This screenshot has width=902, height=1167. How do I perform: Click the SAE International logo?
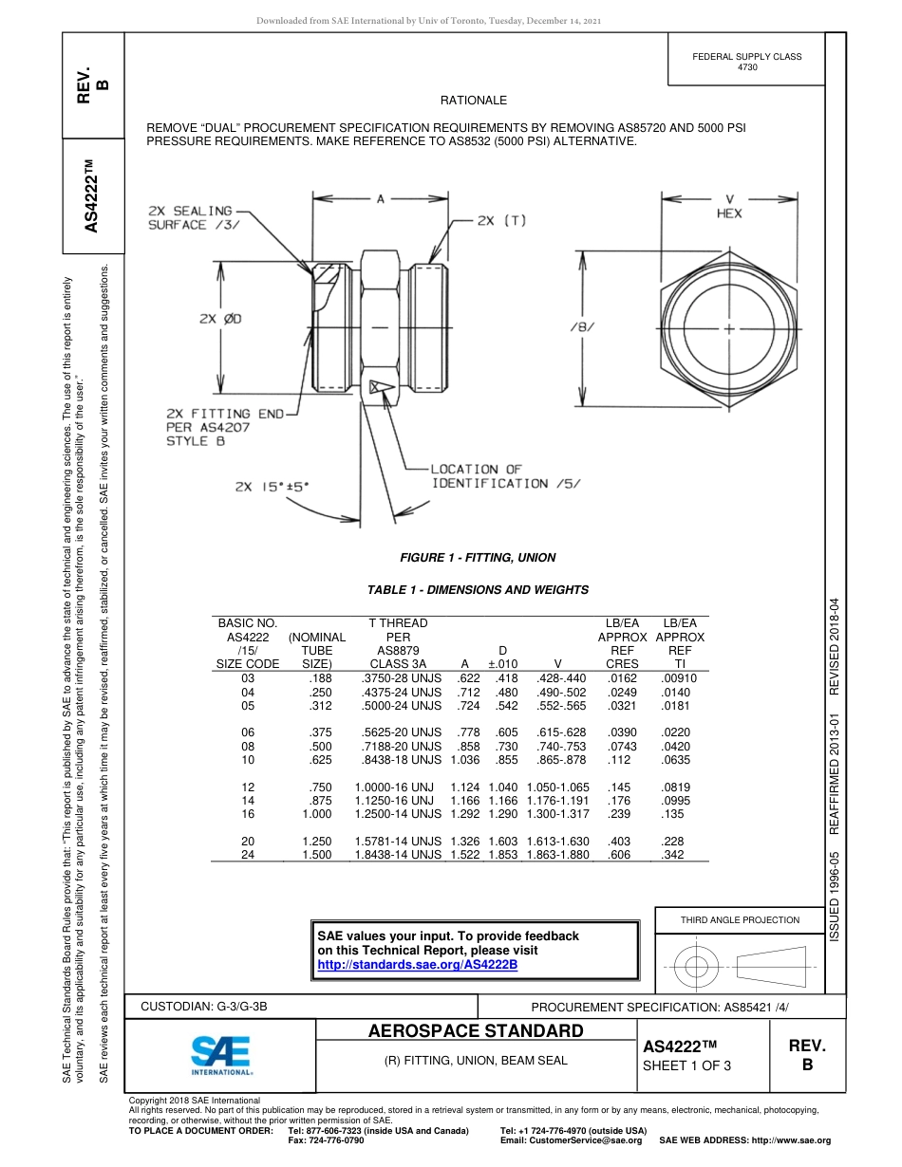point(221,1054)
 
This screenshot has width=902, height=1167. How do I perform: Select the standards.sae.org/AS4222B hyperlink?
point(417,965)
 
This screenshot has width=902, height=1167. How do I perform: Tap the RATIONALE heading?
point(474,101)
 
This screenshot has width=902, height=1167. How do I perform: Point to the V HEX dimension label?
point(729,207)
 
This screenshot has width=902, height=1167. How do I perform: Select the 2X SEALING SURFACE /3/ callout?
point(190,217)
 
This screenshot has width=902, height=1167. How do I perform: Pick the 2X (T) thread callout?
point(501,220)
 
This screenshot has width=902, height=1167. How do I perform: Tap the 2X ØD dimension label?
point(219,319)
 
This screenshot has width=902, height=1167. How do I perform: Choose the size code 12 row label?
point(249,787)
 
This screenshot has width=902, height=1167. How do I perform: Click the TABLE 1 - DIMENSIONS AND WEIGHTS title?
point(478,590)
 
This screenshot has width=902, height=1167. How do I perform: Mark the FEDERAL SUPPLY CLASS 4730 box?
point(746,62)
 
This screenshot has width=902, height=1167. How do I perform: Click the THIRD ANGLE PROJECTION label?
point(740,919)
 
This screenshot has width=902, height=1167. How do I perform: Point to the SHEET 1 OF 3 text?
point(686,1065)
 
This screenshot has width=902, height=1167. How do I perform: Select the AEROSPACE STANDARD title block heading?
point(476,1031)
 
